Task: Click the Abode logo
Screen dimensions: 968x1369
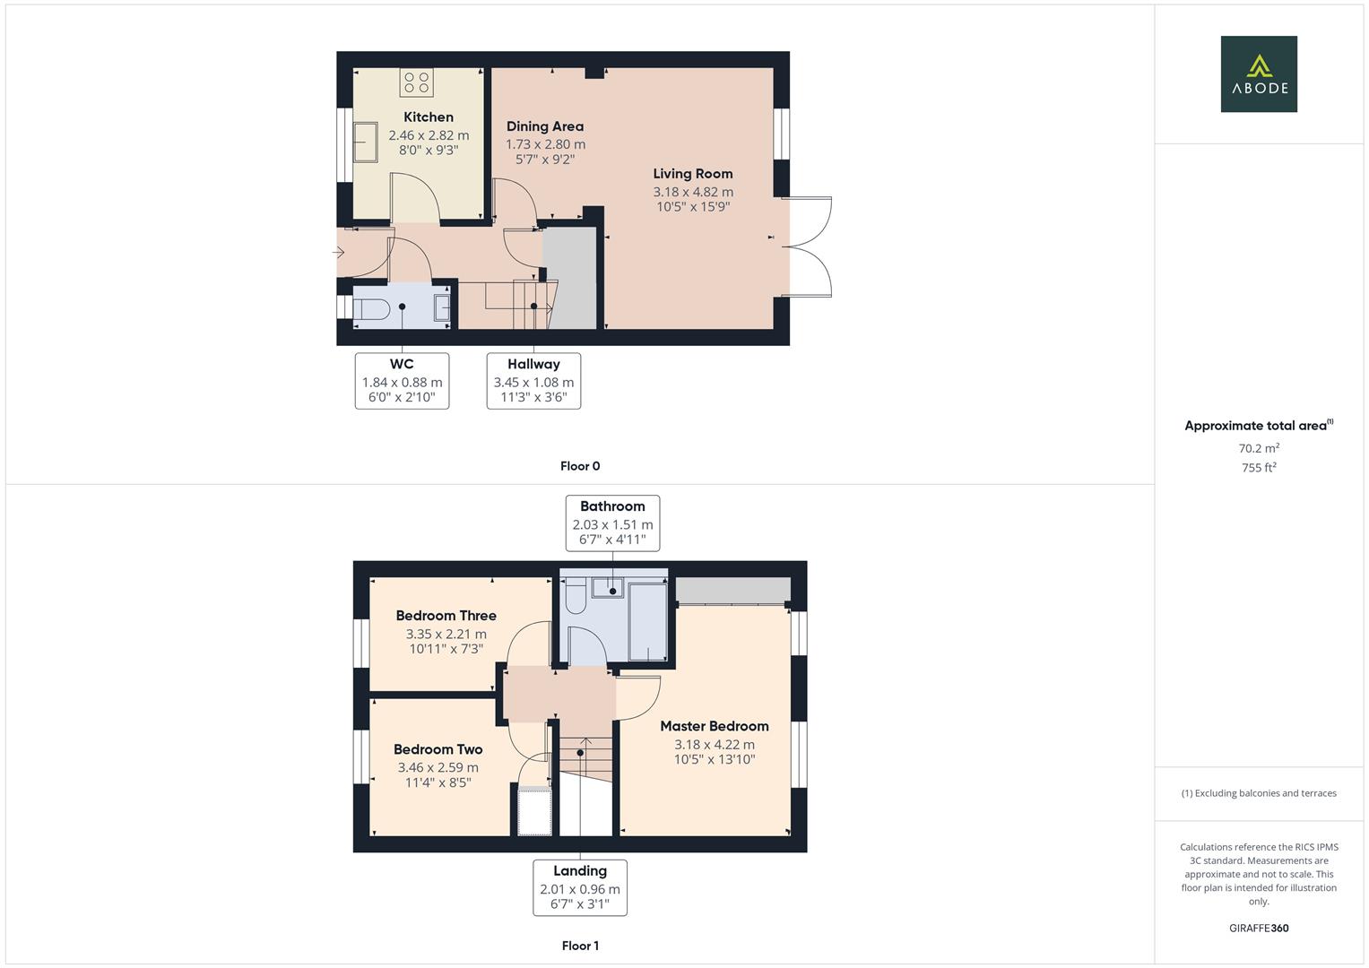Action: tap(1259, 74)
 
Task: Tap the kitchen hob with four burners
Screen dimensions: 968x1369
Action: tap(416, 82)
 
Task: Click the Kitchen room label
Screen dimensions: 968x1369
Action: tap(429, 117)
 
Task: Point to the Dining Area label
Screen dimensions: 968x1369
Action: tap(545, 126)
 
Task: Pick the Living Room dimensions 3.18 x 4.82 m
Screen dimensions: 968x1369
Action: tap(693, 192)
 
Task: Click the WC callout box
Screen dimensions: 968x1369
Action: tap(402, 381)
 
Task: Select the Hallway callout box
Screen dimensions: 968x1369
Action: tap(533, 381)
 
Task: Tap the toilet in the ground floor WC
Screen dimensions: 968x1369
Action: tap(370, 309)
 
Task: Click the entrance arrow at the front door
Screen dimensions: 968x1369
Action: tap(339, 253)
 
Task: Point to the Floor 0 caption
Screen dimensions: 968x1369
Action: tap(580, 466)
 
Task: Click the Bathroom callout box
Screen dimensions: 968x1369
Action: tap(612, 523)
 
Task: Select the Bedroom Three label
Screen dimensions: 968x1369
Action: tap(446, 616)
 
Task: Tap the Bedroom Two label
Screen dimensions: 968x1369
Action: tap(438, 749)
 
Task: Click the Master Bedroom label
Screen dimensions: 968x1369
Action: tap(715, 726)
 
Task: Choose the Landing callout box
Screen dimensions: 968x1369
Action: tap(580, 887)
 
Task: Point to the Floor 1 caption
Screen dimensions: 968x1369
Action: tap(580, 946)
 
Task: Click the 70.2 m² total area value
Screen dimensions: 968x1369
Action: tap(1259, 448)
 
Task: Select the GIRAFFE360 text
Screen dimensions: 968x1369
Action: tap(1259, 929)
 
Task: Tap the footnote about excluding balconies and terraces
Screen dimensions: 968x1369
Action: tap(1259, 793)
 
